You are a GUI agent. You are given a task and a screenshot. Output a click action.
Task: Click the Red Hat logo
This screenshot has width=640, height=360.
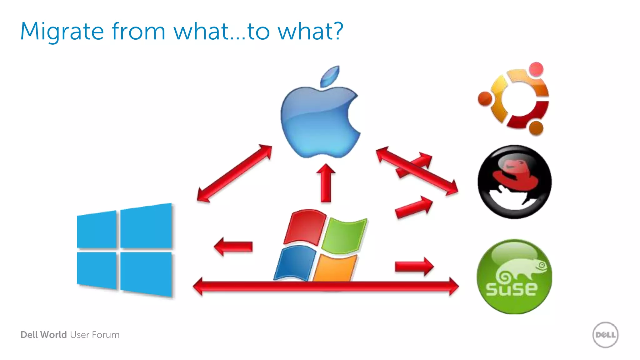514,182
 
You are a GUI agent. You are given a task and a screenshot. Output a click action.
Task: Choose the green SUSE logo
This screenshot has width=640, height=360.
514,277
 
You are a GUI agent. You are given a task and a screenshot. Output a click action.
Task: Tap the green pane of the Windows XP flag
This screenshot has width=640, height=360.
344,236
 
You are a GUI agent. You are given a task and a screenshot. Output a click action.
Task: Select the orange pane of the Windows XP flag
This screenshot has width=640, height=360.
334,268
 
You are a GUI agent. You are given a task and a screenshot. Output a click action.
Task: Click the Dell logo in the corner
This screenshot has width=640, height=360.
605,335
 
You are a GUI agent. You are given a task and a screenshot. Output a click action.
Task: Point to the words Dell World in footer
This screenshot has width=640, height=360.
44,335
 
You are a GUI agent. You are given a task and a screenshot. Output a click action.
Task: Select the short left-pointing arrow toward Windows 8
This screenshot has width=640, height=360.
233,246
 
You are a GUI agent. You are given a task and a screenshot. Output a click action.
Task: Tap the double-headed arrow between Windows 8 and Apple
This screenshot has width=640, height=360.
234,173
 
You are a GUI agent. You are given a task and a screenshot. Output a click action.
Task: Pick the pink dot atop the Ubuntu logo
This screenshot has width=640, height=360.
536,69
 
